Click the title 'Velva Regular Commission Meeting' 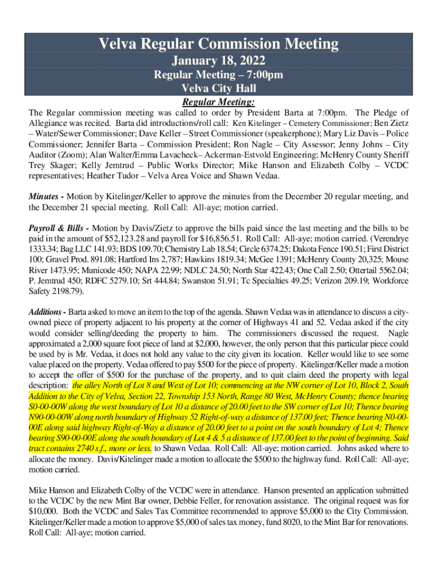tap(219, 43)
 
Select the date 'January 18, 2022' tap(219, 60)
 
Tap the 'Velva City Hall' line tap(219, 89)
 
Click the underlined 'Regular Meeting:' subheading tap(219, 102)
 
